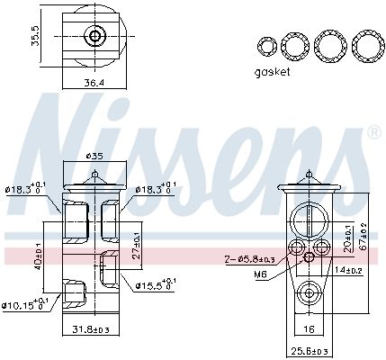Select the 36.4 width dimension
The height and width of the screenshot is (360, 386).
[94, 83]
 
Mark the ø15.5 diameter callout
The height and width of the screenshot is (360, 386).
[155, 285]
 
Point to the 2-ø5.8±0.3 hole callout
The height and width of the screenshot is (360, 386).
[249, 259]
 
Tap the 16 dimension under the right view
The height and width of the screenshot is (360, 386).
[309, 330]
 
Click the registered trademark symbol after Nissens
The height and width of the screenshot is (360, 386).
[373, 134]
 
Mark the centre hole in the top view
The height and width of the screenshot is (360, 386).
[94, 37]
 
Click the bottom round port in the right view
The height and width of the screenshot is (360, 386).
[309, 292]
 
